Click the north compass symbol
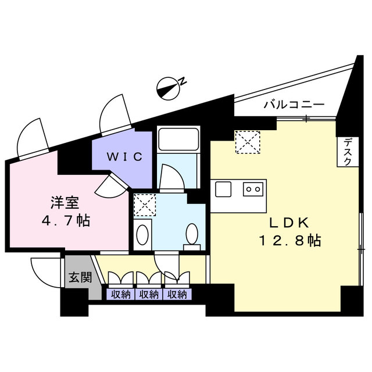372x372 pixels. [170, 87]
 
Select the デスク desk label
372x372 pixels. [347, 152]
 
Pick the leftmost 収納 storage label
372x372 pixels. [120, 295]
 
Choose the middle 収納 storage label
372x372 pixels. [149, 295]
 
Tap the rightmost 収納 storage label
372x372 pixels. [177, 295]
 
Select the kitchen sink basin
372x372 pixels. [224, 189]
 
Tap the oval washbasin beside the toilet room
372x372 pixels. [142, 235]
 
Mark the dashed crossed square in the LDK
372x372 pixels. [247, 142]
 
